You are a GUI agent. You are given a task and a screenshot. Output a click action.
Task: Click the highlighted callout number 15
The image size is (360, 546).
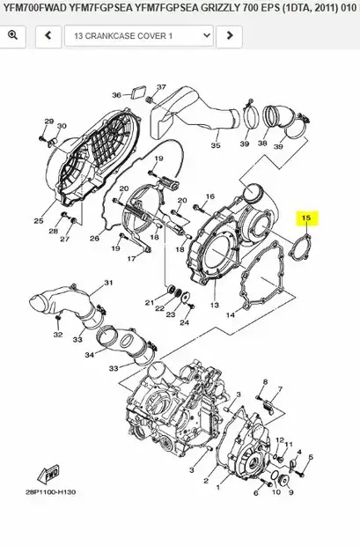[x=307, y=217]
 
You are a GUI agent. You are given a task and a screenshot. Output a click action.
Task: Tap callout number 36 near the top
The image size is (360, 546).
[x=116, y=95]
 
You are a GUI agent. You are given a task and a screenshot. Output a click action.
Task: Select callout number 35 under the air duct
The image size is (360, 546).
[x=215, y=146]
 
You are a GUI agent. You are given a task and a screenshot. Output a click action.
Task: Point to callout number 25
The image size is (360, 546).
[x=39, y=220]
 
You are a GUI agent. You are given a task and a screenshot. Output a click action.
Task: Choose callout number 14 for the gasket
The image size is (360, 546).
[x=231, y=314]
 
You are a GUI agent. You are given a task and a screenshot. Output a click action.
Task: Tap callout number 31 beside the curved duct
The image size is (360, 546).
[x=109, y=283]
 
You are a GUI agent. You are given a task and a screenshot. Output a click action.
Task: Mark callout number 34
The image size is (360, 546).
[x=90, y=356]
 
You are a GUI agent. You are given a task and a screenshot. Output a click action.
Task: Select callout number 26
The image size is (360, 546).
[x=94, y=239]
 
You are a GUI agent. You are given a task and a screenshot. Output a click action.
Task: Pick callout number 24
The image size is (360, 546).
[x=185, y=321]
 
